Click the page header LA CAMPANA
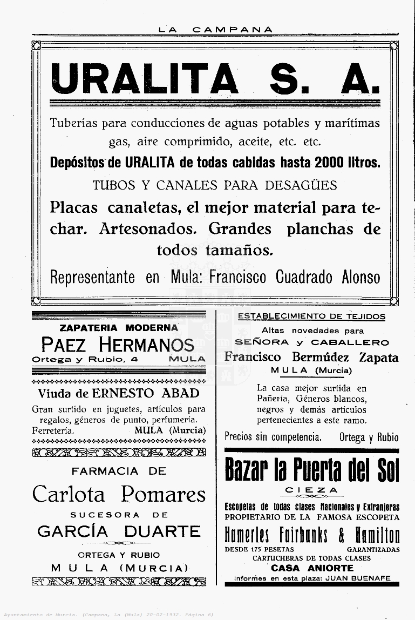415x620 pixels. [215, 30]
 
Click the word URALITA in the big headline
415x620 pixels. [145, 79]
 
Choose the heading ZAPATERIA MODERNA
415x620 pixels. [119, 328]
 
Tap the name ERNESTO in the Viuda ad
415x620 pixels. [124, 393]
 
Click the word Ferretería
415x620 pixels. [53, 430]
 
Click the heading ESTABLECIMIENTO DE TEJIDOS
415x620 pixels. [312, 316]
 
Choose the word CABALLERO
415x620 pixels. [350, 342]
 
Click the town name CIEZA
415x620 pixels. [312, 491]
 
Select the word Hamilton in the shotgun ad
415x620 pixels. [377, 535]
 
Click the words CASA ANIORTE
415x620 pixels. [312, 568]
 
